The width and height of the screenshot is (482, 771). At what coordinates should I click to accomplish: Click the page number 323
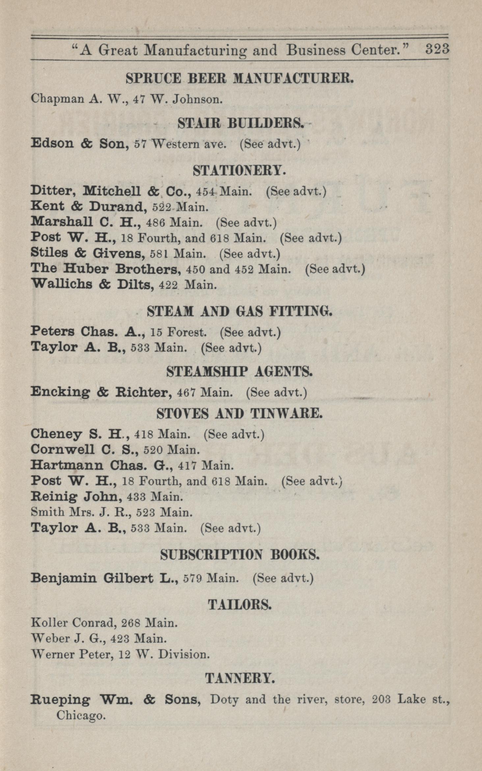tap(437, 49)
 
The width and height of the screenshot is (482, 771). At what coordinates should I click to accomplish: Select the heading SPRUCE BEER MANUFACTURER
tap(239, 79)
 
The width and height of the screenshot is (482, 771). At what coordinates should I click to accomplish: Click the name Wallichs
tap(61, 284)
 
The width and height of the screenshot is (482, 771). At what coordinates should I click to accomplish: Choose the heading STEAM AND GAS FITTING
tap(239, 311)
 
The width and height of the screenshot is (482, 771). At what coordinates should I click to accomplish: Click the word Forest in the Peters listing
tap(187, 332)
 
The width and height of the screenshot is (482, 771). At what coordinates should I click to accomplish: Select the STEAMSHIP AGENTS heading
tap(239, 372)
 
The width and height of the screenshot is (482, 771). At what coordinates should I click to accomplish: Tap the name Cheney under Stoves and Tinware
tap(56, 434)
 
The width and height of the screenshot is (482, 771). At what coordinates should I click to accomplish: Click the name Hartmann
tap(67, 465)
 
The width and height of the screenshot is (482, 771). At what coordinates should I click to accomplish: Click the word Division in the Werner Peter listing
tap(184, 655)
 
